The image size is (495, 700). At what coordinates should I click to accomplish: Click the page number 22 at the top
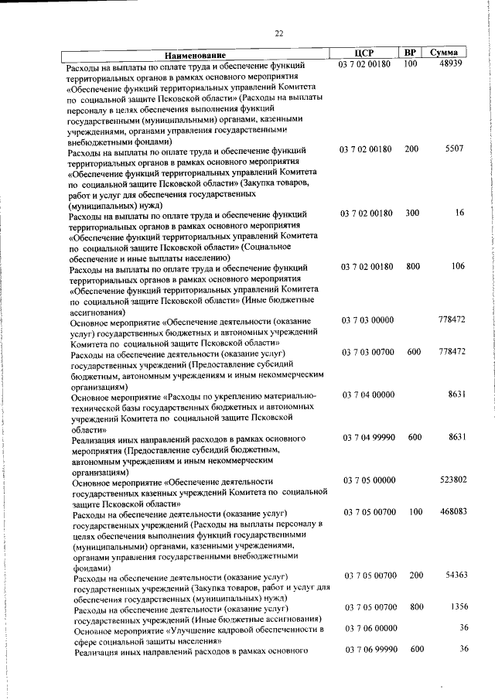point(279,32)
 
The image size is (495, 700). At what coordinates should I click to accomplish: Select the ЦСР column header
point(364,53)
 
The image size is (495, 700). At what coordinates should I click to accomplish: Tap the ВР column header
point(410,52)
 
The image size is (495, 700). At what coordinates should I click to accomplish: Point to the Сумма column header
point(449,52)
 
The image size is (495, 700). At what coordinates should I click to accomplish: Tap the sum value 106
point(457,267)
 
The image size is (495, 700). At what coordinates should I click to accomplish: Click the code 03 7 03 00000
point(367,319)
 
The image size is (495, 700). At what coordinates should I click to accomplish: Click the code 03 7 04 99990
point(369,438)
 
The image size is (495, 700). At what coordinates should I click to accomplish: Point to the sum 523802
point(452,480)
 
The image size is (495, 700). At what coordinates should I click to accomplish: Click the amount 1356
point(457,607)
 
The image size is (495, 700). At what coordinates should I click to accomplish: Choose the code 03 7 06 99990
point(370,649)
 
